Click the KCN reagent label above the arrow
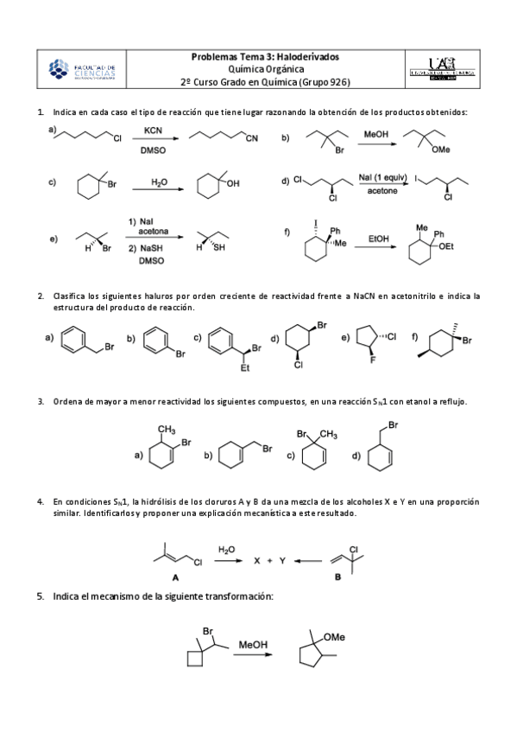click(153, 131)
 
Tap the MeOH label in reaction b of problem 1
click(375, 135)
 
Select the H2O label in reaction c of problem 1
click(159, 182)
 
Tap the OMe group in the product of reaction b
click(441, 150)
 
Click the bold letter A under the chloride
click(176, 577)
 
